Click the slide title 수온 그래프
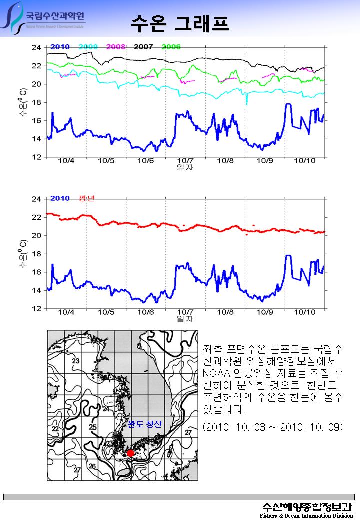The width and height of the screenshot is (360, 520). [180, 22]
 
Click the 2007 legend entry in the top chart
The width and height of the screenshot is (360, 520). [143, 47]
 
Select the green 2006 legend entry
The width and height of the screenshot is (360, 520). [171, 47]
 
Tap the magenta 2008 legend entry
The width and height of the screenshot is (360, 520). [115, 47]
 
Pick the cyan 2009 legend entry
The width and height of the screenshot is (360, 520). [88, 47]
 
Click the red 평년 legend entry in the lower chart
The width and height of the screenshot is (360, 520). [87, 198]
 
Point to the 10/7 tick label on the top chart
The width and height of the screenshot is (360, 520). [185, 161]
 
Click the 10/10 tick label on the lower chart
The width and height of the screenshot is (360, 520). [304, 312]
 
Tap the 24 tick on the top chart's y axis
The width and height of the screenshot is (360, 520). [36, 48]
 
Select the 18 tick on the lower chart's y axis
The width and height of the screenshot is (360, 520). [36, 254]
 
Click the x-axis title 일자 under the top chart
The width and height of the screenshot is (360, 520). [185, 167]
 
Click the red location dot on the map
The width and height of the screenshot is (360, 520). [130, 453]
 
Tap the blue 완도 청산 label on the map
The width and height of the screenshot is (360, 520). [145, 424]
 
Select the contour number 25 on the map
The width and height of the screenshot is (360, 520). [93, 427]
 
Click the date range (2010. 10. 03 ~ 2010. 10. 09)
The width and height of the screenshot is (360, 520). [273, 427]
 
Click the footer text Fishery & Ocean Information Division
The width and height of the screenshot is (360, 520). [306, 515]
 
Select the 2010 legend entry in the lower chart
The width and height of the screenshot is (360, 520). [60, 198]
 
